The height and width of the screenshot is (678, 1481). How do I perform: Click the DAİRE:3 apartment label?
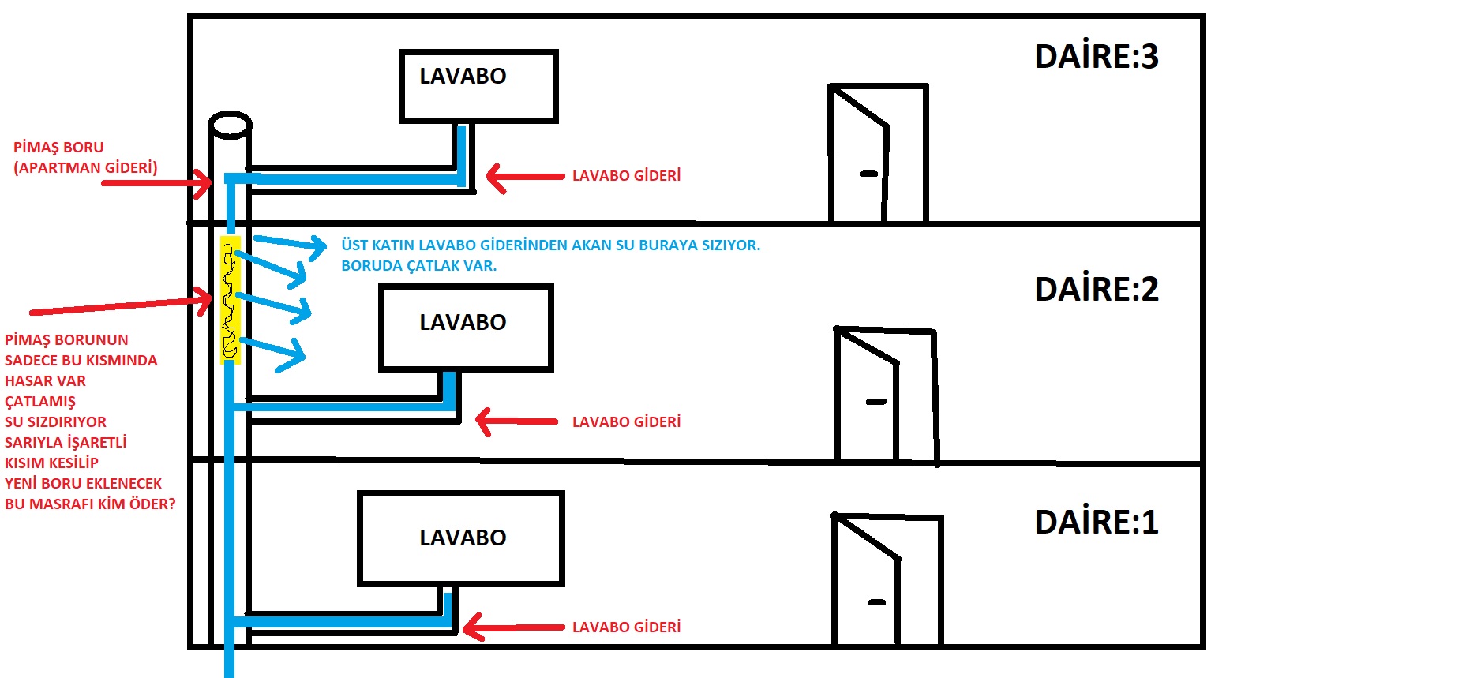(x=1096, y=57)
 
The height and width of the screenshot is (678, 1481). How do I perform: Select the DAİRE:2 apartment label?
(x=1096, y=290)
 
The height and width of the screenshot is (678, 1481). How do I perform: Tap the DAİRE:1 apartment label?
(x=1096, y=523)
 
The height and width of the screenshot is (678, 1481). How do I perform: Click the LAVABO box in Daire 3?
(x=478, y=86)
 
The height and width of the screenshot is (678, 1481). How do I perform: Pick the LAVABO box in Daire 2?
(x=466, y=328)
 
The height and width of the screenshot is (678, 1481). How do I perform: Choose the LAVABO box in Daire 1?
(x=461, y=539)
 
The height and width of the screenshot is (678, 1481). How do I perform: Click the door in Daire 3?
(x=876, y=153)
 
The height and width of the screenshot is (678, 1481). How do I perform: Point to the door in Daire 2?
(x=884, y=395)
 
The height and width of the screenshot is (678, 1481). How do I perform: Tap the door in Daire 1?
(x=887, y=580)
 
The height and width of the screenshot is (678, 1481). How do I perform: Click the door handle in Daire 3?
(x=868, y=174)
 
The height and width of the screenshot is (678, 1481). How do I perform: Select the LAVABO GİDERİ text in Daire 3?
(x=626, y=176)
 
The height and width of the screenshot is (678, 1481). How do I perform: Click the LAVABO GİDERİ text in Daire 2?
(x=626, y=422)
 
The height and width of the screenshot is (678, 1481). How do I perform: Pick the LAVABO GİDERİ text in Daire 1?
(x=626, y=627)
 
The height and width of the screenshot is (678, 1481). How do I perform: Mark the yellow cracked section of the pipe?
(x=230, y=300)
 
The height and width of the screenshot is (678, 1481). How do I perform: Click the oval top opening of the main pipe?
(x=230, y=125)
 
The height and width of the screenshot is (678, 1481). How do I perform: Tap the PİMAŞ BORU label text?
(x=58, y=148)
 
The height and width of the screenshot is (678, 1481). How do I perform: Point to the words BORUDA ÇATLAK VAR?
(x=418, y=266)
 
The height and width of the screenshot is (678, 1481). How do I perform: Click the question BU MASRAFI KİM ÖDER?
(x=90, y=504)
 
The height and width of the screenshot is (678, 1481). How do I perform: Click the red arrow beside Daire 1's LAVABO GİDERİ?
(x=513, y=627)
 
